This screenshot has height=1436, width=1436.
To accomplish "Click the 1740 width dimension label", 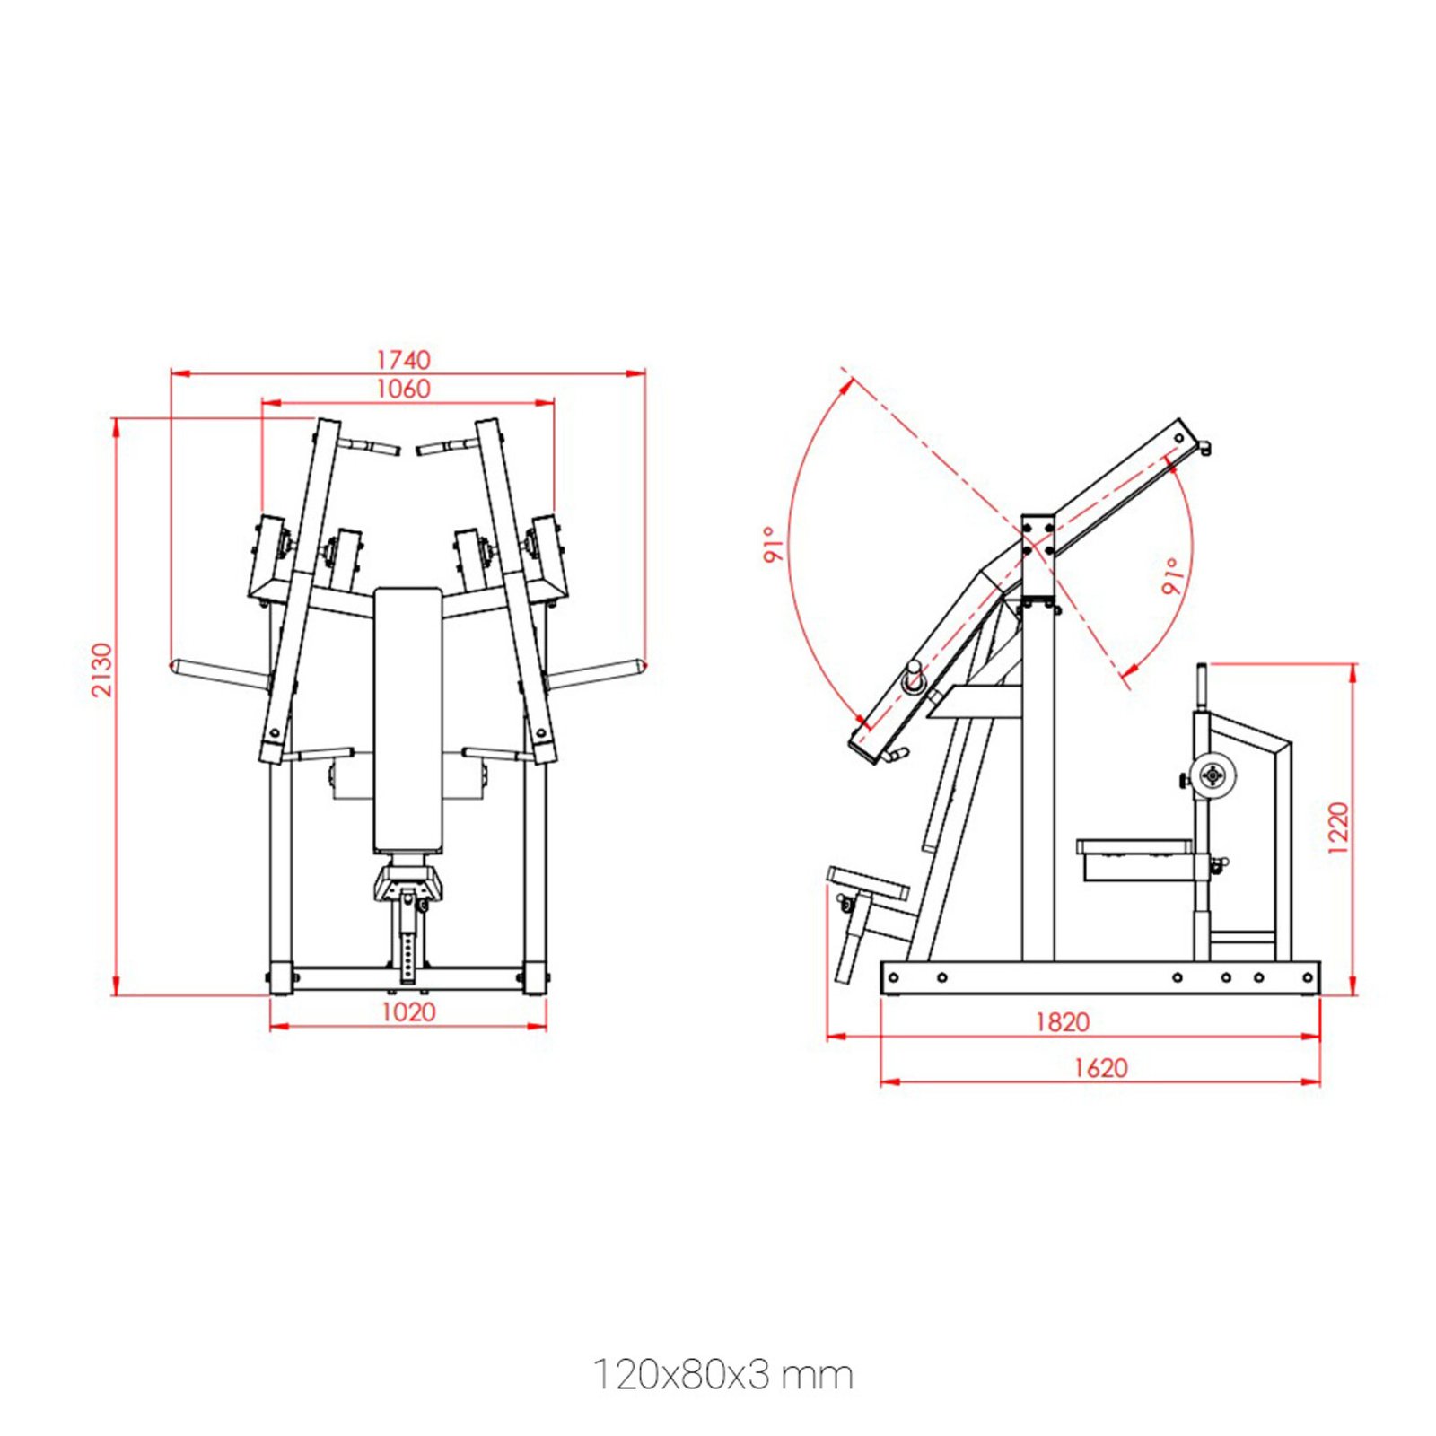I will [403, 360].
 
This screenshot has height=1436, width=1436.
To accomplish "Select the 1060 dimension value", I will [403, 389].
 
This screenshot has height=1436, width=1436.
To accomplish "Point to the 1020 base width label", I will [408, 1012].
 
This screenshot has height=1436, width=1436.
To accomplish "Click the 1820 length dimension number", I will [1063, 1022].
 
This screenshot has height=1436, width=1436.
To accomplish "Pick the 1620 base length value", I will [1100, 1068].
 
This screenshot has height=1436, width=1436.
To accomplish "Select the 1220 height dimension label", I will [1337, 827].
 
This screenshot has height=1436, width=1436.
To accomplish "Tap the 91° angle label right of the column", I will [1172, 576].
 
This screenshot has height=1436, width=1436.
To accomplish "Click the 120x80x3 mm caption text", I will [722, 1375].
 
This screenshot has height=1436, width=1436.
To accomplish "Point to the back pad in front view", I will [408, 718].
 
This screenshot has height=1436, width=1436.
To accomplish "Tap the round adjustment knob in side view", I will [1212, 774].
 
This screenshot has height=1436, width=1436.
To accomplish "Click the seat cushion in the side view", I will [1134, 847].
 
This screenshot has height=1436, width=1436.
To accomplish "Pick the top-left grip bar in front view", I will [369, 446].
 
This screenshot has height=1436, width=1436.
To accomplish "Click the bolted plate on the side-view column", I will [1038, 537].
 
